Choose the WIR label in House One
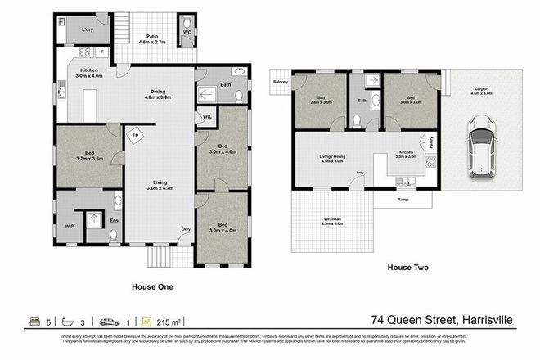coord(70,227)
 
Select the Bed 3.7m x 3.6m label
coord(88,156)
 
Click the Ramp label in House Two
coord(402,199)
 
